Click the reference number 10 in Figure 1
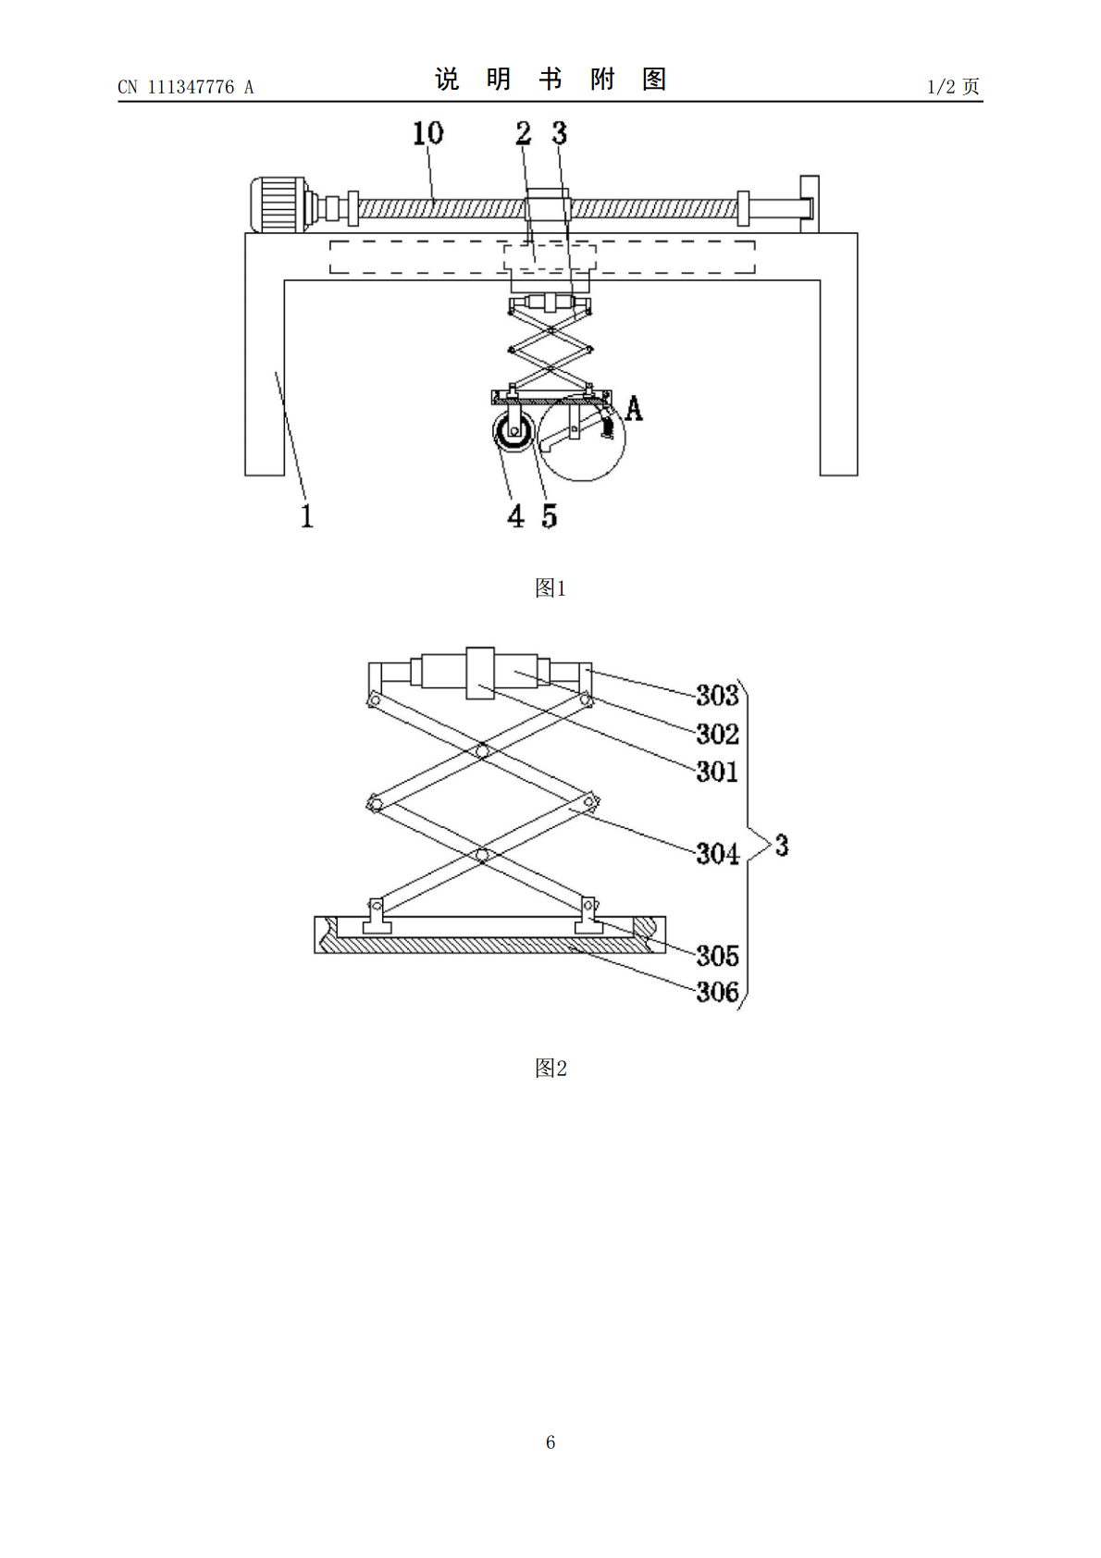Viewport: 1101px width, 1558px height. (427, 133)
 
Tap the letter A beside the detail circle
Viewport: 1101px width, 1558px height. (634, 408)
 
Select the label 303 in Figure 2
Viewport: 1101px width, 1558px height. (717, 695)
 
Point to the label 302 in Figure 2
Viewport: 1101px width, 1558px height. (717, 734)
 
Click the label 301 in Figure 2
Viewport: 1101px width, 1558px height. (717, 772)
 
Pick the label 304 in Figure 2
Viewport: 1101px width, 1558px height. (717, 853)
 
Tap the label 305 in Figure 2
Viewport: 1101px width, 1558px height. (717, 956)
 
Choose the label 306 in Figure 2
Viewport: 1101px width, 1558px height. (717, 992)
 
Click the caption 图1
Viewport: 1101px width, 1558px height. (550, 588)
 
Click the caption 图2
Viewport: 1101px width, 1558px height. (550, 1068)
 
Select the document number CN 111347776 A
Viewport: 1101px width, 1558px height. (186, 87)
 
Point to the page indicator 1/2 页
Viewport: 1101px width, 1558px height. (953, 87)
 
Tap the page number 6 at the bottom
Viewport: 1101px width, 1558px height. (550, 1442)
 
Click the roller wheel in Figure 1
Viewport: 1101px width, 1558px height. (513, 432)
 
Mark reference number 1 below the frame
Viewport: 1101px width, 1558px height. (307, 516)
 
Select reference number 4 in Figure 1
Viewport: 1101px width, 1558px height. (515, 516)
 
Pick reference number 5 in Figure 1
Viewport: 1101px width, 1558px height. (550, 516)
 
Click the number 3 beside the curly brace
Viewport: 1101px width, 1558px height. (782, 846)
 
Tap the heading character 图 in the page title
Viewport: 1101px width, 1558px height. (654, 80)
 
